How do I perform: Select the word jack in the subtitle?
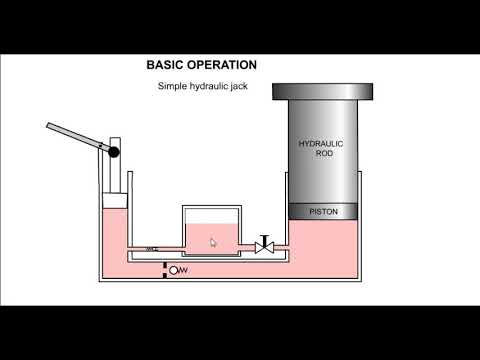[240, 86]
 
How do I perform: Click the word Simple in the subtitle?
[172, 86]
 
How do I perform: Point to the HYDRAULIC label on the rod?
[321, 144]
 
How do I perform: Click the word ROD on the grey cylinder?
[324, 153]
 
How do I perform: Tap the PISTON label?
[323, 212]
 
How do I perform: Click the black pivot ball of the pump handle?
[114, 152]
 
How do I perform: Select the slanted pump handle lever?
[78, 136]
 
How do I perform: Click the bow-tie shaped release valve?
[264, 248]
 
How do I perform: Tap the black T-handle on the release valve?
[265, 240]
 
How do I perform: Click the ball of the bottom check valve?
[173, 270]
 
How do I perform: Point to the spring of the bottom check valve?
[183, 270]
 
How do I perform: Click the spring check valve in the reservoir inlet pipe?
[152, 249]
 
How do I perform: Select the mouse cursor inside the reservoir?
[213, 242]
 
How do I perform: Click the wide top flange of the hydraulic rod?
[323, 91]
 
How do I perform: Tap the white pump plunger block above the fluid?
[115, 200]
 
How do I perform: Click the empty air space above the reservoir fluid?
[211, 215]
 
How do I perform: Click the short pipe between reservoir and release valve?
[247, 248]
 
